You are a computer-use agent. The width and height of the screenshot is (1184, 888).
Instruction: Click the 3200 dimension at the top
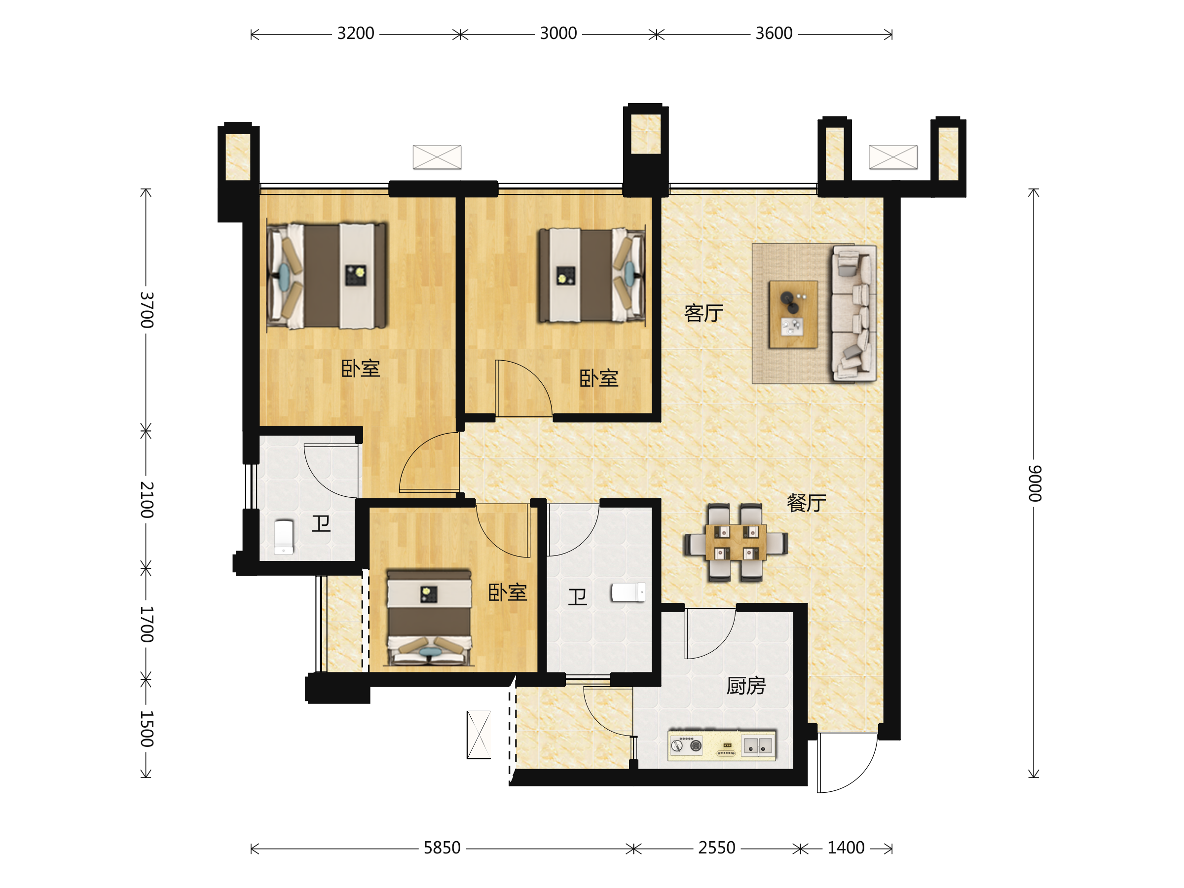[x=355, y=34]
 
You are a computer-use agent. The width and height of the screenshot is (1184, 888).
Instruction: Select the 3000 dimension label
[x=558, y=34]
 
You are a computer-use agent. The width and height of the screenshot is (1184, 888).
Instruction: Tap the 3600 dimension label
[x=774, y=34]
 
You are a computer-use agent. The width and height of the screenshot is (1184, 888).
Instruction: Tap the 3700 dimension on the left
[x=147, y=310]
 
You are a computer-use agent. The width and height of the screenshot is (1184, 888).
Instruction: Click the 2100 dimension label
[x=147, y=499]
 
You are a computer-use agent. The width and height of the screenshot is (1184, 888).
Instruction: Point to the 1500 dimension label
[x=147, y=729]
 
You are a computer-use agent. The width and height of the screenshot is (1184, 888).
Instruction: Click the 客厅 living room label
[x=704, y=313]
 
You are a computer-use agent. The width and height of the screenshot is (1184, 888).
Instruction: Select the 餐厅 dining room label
[x=807, y=503]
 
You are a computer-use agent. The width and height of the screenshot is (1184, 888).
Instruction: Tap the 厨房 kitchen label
[x=746, y=686]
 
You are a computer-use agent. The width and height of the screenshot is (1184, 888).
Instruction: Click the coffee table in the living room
[x=793, y=314]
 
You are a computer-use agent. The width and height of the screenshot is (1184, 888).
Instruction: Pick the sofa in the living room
[x=854, y=313]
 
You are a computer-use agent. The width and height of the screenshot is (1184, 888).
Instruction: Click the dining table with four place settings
[x=736, y=543]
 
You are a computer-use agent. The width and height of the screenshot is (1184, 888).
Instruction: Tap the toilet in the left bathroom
[x=284, y=537]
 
